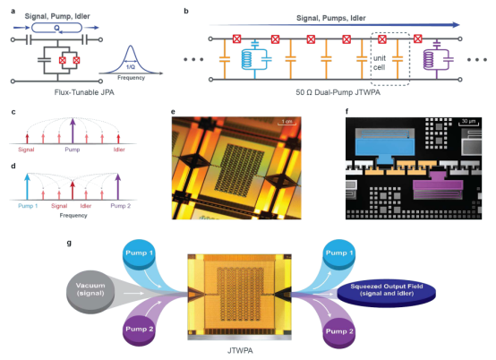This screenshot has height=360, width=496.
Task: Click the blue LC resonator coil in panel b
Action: tap(247, 59)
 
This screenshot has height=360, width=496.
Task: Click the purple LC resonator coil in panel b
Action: tap(429, 59)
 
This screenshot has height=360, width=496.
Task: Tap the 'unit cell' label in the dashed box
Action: tap(380, 63)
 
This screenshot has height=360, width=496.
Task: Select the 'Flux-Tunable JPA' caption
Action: tap(84, 92)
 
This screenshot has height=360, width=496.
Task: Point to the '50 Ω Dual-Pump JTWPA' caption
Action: tap(338, 92)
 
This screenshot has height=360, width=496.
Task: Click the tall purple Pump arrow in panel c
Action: tap(73, 131)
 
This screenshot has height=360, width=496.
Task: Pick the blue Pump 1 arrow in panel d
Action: tap(27, 186)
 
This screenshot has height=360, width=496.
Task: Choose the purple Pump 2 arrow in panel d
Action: tap(118, 186)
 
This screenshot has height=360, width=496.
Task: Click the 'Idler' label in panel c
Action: tap(119, 150)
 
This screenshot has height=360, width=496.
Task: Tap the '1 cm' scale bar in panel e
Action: tap(286, 123)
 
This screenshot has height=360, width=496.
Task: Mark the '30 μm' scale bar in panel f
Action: tap(468, 123)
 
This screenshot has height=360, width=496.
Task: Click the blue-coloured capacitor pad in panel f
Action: tap(385, 147)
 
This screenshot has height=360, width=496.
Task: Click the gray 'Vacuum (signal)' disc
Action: tap(90, 292)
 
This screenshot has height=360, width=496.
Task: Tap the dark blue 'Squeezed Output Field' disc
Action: tap(387, 293)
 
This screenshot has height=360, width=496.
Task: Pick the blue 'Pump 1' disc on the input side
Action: tap(139, 255)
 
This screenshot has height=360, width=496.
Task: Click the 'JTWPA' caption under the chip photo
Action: tap(240, 350)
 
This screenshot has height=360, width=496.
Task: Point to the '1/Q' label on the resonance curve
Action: tap(131, 67)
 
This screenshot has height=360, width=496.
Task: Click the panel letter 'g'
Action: tap(69, 243)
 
